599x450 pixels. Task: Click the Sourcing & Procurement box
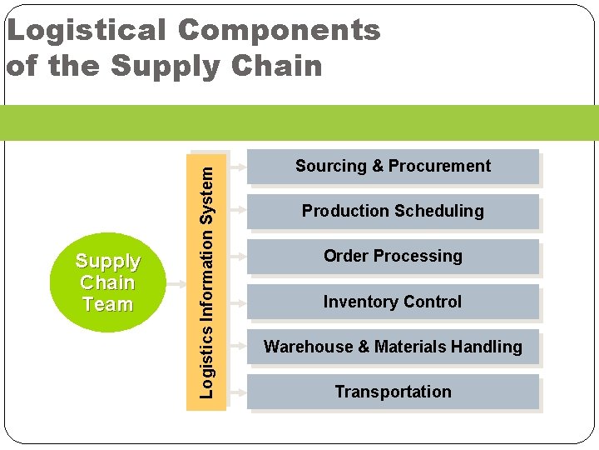point(393,167)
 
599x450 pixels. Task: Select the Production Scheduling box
point(393,212)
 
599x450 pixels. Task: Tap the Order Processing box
point(393,257)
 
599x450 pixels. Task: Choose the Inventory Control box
point(393,302)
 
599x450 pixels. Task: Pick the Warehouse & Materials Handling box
point(393,347)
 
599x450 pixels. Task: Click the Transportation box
point(393,392)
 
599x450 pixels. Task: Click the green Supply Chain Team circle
point(107,282)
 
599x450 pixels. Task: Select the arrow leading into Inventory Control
point(238,302)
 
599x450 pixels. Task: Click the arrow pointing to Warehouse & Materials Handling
point(238,347)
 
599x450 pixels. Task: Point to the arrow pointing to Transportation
point(238,392)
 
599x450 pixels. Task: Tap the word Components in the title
point(279,31)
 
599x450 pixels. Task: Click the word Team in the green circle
point(107,305)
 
